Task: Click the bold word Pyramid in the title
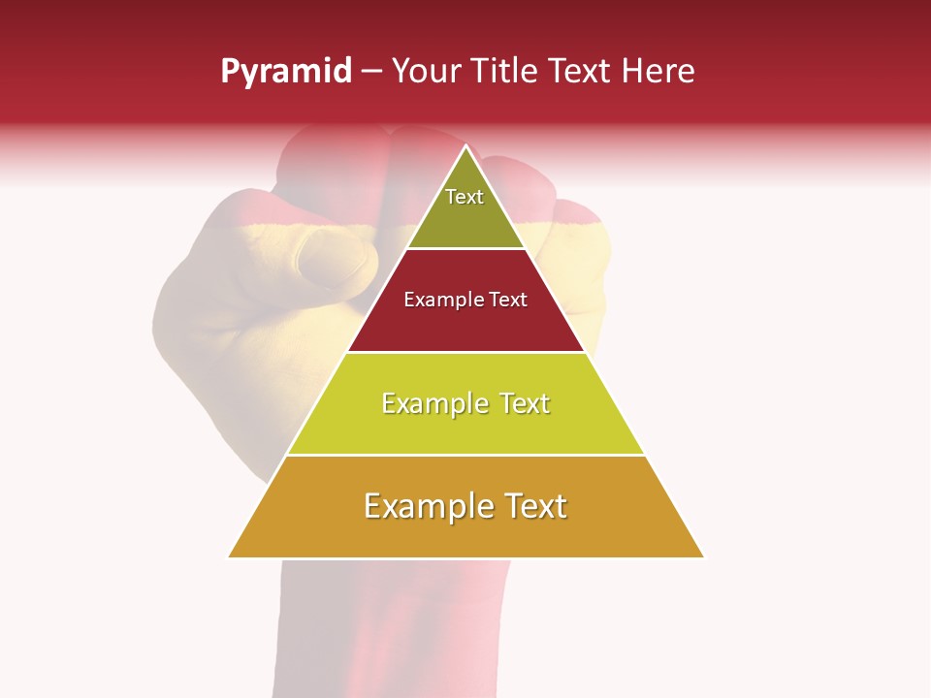pos(286,72)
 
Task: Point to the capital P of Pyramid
pos(230,71)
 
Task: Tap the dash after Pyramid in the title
pos(371,72)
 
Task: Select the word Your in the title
pos(423,71)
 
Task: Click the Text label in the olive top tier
pos(465,197)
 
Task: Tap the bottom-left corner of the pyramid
pos(229,556)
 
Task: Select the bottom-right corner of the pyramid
pos(703,556)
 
